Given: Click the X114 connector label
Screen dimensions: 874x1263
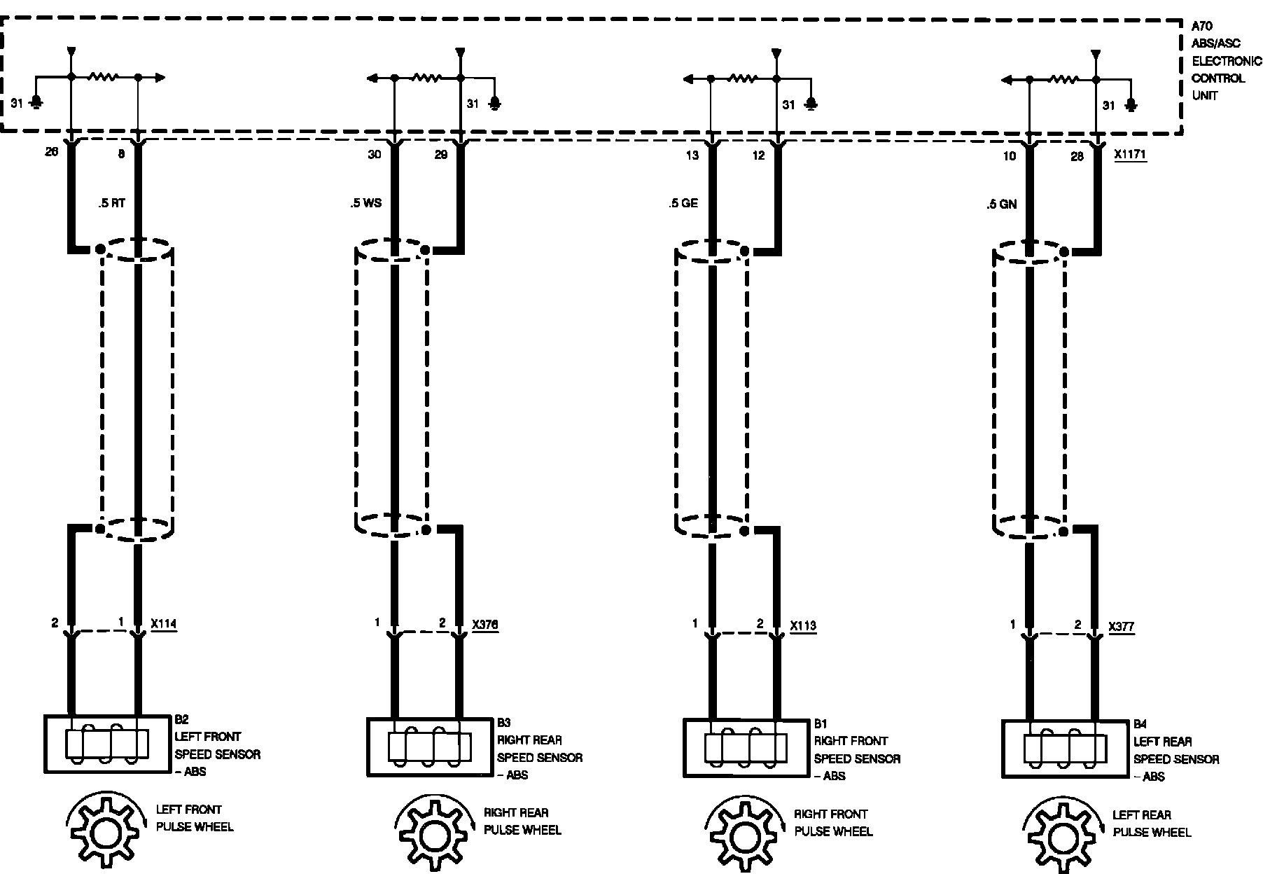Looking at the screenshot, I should tap(164, 623).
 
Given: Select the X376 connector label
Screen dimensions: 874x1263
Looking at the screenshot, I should tap(485, 625).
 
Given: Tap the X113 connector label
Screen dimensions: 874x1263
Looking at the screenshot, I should tap(803, 625).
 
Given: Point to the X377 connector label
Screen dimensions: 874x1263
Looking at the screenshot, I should tap(1122, 626).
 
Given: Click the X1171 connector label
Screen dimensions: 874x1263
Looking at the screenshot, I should tap(1130, 155).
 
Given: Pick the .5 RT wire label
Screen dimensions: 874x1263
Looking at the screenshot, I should tap(111, 204).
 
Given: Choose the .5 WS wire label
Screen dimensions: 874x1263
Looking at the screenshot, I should tap(366, 204).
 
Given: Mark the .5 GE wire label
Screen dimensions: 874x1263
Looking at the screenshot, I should tap(683, 204).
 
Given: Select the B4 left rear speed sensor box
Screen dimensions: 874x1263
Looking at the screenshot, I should tap(1065, 749).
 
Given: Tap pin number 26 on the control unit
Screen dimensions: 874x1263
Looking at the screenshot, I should tap(51, 152).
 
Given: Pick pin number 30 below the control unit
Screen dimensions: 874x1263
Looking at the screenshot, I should tap(375, 154).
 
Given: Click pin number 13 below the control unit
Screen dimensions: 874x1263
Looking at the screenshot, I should tap(692, 155).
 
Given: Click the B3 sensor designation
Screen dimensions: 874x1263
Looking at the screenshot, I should tap(504, 722).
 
